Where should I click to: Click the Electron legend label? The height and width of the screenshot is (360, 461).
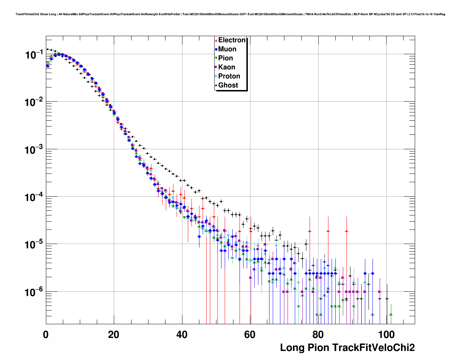pos(232,40)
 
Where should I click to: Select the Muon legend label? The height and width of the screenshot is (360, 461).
pos(227,49)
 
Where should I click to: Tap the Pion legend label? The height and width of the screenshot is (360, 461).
pos(225,58)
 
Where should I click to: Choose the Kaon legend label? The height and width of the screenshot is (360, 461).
pos(227,67)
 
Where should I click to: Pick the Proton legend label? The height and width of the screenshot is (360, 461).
pos(229,76)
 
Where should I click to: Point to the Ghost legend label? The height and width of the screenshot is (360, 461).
pos(228,85)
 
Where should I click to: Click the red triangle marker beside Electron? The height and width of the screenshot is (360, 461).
pos(216,40)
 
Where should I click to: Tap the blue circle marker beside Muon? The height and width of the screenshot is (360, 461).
pos(216,50)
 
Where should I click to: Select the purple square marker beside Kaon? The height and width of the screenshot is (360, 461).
pos(216,67)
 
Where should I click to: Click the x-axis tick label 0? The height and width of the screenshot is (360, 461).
pos(46,335)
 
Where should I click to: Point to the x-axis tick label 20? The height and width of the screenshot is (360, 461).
pos(114,335)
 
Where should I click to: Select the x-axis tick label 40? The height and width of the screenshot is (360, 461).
pos(182,335)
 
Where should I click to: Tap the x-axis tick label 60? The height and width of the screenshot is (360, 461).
pos(250,335)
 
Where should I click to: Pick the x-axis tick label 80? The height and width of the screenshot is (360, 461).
pos(318,335)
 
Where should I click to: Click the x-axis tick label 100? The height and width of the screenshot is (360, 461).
pos(386,335)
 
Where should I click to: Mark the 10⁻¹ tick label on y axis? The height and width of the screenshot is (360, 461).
pos(34,55)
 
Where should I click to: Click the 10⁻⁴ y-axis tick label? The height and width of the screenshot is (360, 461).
pos(34,197)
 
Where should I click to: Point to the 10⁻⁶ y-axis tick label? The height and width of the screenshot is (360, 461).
pos(34,292)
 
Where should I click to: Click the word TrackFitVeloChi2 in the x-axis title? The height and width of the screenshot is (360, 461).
pos(373,348)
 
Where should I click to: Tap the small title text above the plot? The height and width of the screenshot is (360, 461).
pos(230,14)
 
